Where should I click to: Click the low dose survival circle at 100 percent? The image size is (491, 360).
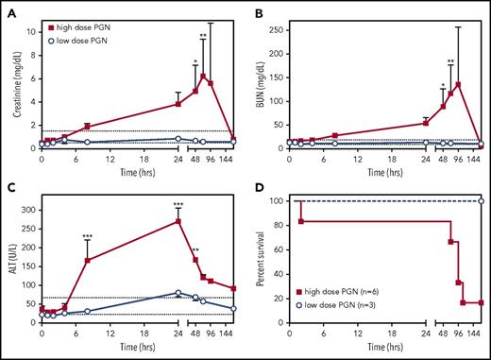[x=480, y=201]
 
